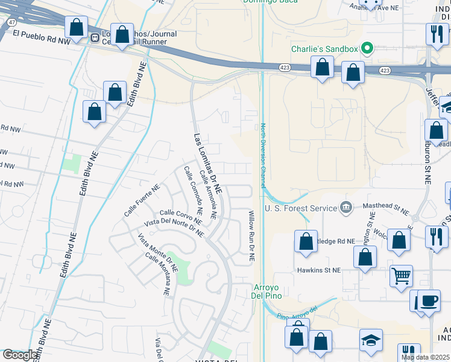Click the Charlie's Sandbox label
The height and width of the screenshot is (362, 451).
(x=325, y=49)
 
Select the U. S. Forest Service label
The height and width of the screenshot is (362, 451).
(x=301, y=208)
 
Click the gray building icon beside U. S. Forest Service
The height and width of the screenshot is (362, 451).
(x=346, y=208)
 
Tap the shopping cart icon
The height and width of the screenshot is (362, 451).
(x=401, y=276)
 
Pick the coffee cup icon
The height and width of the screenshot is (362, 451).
(x=429, y=300)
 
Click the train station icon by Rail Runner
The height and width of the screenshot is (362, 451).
(x=95, y=37)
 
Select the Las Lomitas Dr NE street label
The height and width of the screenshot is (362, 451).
(x=207, y=164)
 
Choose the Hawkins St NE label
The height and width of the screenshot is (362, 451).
(x=318, y=270)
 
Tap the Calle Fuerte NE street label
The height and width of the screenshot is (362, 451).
(x=142, y=200)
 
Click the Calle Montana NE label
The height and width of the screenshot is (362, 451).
(x=159, y=266)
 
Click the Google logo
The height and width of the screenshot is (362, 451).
(x=20, y=355)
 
